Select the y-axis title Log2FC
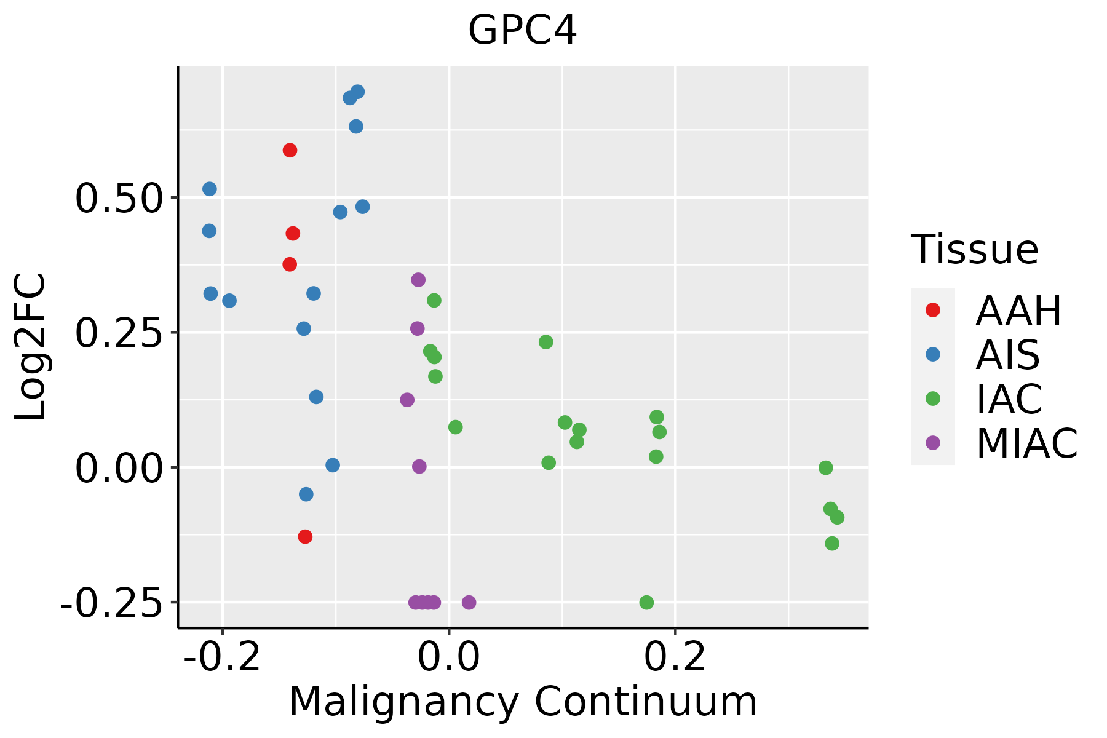click(x=31, y=347)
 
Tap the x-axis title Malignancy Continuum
click(x=523, y=702)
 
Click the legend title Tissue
click(x=975, y=250)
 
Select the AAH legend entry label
click(x=1018, y=311)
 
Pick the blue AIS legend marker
click(x=933, y=354)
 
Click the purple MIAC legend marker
click(x=933, y=443)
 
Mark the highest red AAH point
click(x=290, y=150)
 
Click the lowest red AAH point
click(x=305, y=537)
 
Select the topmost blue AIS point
click(x=357, y=92)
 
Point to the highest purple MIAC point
click(x=418, y=280)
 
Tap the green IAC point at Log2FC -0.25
click(x=646, y=602)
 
